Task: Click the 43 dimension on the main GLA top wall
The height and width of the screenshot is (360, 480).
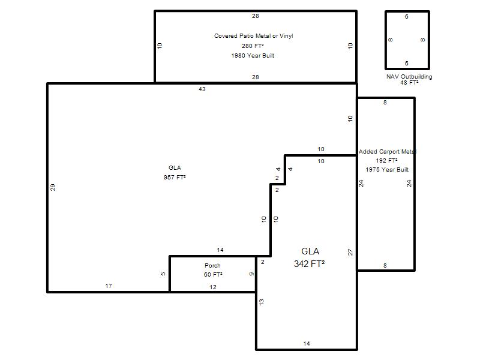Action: tap(202, 89)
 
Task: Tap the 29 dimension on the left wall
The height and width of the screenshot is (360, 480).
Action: tap(53, 187)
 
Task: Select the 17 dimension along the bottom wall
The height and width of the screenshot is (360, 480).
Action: tap(109, 286)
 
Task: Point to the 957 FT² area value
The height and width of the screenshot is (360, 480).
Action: tap(175, 177)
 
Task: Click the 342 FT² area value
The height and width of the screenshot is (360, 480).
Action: tap(310, 263)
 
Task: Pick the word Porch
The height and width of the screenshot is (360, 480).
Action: tap(212, 265)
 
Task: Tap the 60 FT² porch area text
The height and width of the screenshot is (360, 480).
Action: tap(213, 275)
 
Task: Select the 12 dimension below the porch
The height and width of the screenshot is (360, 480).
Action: tap(213, 287)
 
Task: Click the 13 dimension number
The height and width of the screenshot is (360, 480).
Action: tap(261, 302)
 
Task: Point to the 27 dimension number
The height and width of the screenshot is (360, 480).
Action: tap(350, 252)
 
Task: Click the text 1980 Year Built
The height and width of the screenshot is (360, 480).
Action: tap(253, 56)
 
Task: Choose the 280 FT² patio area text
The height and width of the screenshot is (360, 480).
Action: tap(253, 46)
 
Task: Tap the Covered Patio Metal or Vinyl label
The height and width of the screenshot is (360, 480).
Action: tap(253, 36)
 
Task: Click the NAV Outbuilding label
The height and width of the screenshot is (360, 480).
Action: tap(409, 77)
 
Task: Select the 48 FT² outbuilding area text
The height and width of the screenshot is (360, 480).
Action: tap(409, 83)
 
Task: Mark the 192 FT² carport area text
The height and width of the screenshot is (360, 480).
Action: tap(386, 160)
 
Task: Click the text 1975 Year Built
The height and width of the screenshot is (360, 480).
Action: tap(387, 170)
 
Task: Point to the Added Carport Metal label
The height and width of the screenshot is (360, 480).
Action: tap(387, 152)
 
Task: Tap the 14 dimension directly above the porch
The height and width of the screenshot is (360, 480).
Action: tap(220, 250)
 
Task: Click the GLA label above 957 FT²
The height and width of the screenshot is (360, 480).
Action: tap(175, 168)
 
